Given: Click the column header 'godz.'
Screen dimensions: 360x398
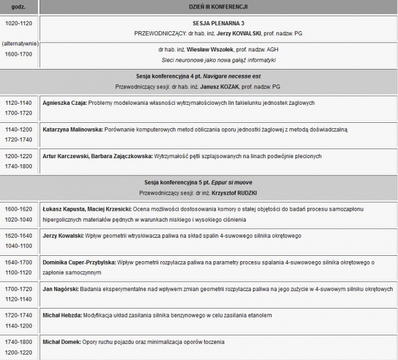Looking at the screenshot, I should (x=19, y=7).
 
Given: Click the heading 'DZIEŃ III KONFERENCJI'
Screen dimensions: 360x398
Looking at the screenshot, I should (x=217, y=7).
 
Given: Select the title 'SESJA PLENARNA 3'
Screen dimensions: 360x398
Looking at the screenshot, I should (x=217, y=23).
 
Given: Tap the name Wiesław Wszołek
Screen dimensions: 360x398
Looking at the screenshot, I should (x=209, y=50).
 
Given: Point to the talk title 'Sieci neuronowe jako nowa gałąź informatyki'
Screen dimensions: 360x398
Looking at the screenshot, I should (x=217, y=61).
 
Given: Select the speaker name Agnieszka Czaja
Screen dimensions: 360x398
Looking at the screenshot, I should (x=65, y=103).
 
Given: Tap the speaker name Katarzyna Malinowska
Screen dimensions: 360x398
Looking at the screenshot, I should (x=73, y=129).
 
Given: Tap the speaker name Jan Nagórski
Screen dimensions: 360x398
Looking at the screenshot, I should (x=61, y=289).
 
